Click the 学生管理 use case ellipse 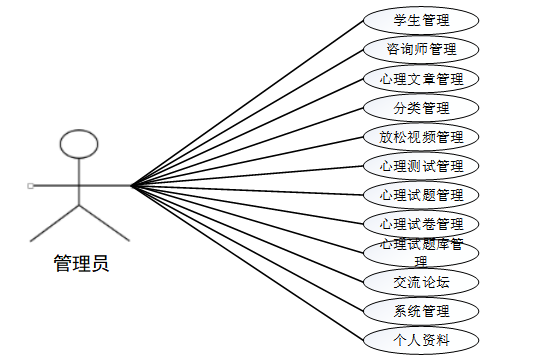(x=421, y=20)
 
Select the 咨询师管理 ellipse (x=421, y=48)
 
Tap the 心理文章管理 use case (x=421, y=78)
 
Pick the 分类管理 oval (x=421, y=107)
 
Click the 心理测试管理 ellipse (x=421, y=165)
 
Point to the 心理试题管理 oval (x=421, y=194)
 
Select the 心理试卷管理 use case (x=421, y=223)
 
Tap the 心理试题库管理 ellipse (x=421, y=251)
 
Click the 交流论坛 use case (x=421, y=281)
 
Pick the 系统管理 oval (x=421, y=310)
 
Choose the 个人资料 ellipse (x=421, y=339)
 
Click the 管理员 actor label (x=81, y=264)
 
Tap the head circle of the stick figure (x=80, y=142)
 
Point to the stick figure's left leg (x=55, y=223)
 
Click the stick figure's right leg (x=105, y=223)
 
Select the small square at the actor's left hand (x=31, y=185)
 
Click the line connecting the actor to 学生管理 (x=250, y=101)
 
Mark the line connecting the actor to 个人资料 (x=250, y=263)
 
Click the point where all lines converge (x=131, y=185)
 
